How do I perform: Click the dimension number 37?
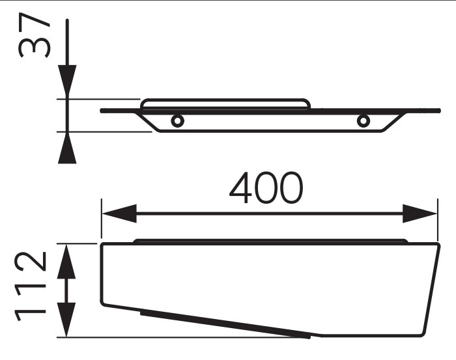(35, 35)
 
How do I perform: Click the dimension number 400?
(266, 187)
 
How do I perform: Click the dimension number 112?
(30, 286)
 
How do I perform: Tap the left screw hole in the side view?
(177, 120)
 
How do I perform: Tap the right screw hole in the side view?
(363, 120)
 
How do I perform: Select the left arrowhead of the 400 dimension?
(119, 214)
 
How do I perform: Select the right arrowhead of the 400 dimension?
(420, 214)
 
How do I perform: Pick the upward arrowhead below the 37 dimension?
(67, 148)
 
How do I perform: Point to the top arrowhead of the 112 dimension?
(66, 262)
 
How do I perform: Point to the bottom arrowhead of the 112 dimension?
(66, 320)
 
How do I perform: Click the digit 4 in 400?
(240, 187)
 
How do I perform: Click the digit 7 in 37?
(35, 23)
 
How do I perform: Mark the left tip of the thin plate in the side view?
(101, 111)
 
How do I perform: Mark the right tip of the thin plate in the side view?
(439, 111)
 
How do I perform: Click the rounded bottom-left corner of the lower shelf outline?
(102, 303)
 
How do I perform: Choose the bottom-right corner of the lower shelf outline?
(423, 334)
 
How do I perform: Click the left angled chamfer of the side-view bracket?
(148, 122)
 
